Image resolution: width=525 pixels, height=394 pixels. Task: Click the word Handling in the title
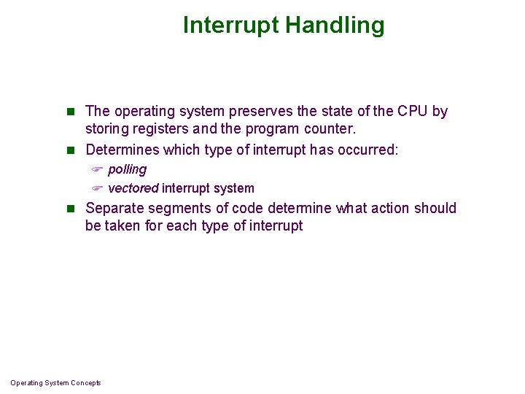(334, 26)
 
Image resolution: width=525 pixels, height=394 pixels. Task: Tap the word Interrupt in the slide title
(231, 26)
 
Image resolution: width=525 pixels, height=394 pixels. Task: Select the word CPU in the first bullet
(413, 112)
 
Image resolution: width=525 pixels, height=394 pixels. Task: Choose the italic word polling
(127, 169)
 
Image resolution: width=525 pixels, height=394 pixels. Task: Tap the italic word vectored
(133, 188)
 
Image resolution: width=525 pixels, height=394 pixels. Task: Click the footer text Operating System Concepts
(55, 383)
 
